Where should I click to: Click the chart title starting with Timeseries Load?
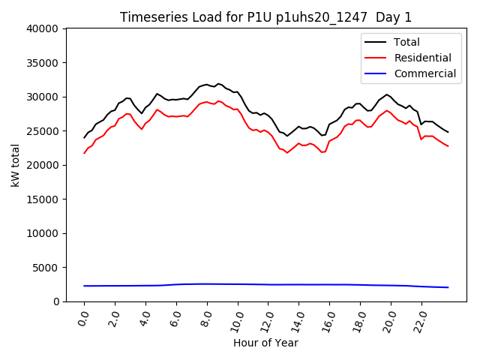(266, 17)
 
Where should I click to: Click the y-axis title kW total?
(16, 165)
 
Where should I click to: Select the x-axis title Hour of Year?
(265, 343)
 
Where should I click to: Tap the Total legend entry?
(406, 42)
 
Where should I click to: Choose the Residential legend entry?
(422, 58)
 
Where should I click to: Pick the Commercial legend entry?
(424, 73)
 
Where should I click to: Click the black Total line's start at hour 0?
(85, 137)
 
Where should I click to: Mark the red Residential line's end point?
(448, 146)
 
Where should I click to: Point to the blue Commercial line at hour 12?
(268, 284)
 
